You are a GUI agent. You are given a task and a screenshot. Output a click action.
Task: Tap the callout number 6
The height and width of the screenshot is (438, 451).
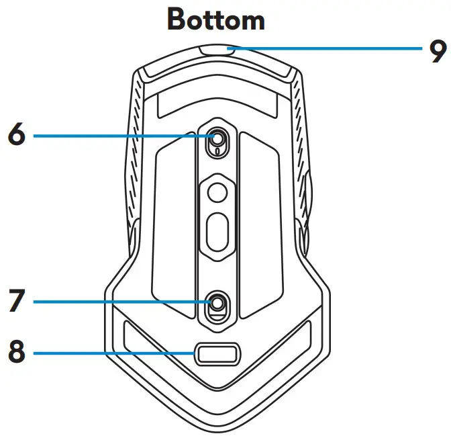[16, 135]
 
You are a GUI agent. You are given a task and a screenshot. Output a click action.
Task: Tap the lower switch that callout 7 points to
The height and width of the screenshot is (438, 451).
[216, 303]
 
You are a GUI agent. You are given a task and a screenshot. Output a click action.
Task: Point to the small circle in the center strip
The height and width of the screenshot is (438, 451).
[216, 193]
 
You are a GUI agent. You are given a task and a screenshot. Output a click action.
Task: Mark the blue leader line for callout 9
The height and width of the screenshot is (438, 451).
[329, 48]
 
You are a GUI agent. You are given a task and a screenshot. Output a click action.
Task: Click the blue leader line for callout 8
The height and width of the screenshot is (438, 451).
[114, 353]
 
